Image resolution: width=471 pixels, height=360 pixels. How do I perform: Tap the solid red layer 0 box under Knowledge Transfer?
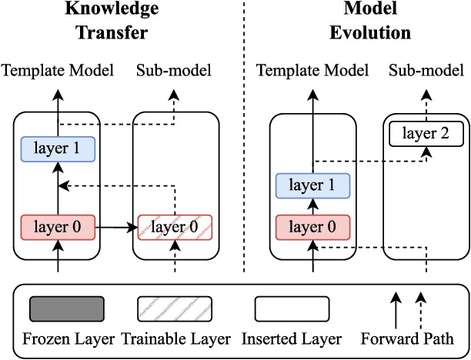tap(58, 227)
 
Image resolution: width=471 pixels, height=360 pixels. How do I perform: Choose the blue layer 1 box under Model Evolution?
tap(312, 186)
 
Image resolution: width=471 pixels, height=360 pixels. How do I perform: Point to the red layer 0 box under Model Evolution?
tap(312, 227)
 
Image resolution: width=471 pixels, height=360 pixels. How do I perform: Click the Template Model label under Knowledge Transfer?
tap(58, 72)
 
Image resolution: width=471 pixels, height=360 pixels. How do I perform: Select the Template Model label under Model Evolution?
tap(312, 72)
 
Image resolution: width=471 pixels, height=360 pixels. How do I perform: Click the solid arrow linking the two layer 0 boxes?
tap(116, 227)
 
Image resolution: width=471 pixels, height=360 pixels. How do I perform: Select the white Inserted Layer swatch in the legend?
tap(292, 309)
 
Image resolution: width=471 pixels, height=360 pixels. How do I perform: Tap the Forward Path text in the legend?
tap(406, 338)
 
